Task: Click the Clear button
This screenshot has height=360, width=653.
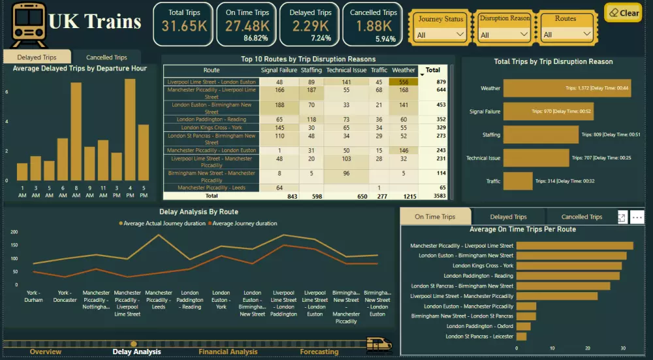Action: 623,12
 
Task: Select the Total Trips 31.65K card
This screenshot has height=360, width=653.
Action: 184,24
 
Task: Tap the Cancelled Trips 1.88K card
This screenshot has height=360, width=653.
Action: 373,24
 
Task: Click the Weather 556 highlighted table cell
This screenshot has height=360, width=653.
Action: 404,82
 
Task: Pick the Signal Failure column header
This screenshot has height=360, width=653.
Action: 279,70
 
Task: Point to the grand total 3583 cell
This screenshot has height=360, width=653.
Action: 432,195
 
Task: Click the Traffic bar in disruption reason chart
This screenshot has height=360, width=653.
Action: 518,181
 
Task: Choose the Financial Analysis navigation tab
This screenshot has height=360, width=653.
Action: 228,352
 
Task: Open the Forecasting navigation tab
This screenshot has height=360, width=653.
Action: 319,352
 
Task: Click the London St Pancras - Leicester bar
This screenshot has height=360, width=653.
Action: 521,336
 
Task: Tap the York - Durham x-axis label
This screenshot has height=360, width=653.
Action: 34,296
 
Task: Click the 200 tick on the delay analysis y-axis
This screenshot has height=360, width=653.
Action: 13,232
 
